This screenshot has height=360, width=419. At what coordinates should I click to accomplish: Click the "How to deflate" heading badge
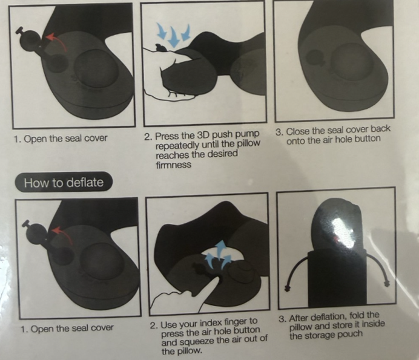[x=64, y=182]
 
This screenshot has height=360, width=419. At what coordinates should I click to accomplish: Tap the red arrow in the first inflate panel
[x=58, y=41]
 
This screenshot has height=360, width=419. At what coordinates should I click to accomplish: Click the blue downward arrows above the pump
[x=174, y=34]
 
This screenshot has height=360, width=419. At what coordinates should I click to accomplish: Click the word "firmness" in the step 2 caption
[x=173, y=164]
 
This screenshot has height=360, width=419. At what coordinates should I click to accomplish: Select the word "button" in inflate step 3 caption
[x=368, y=139]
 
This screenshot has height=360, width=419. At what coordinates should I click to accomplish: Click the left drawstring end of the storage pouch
[x=287, y=287]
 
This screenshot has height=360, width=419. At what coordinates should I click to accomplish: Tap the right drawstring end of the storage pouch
[x=387, y=283]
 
